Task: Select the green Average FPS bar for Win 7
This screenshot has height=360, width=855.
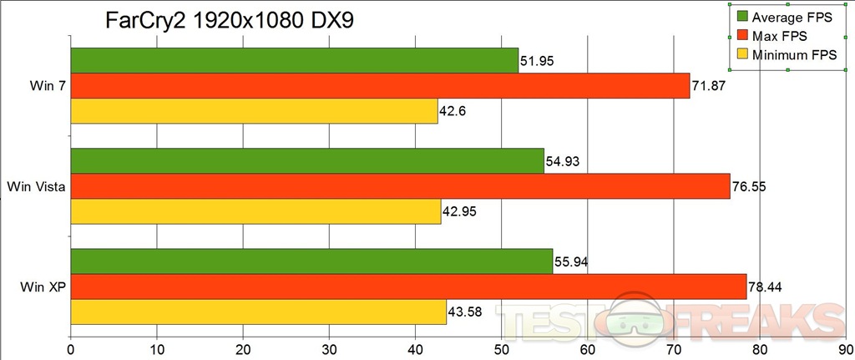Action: (x=294, y=60)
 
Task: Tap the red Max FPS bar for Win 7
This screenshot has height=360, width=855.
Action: (x=380, y=86)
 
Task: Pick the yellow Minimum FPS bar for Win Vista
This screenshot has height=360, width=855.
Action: (x=255, y=212)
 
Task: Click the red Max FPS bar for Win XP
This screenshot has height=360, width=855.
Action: (x=408, y=286)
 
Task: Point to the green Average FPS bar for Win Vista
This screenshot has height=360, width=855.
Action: (x=307, y=160)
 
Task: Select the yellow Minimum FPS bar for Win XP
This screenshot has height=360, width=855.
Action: (x=258, y=312)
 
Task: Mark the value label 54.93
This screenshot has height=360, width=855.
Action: (x=564, y=160)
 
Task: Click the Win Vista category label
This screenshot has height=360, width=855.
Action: (x=35, y=187)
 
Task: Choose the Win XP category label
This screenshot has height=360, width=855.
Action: (x=41, y=287)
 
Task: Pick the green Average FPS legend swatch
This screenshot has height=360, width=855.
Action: (x=741, y=17)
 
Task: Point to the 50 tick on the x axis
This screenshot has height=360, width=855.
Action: (x=501, y=351)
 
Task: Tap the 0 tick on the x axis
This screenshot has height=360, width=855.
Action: (x=71, y=351)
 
